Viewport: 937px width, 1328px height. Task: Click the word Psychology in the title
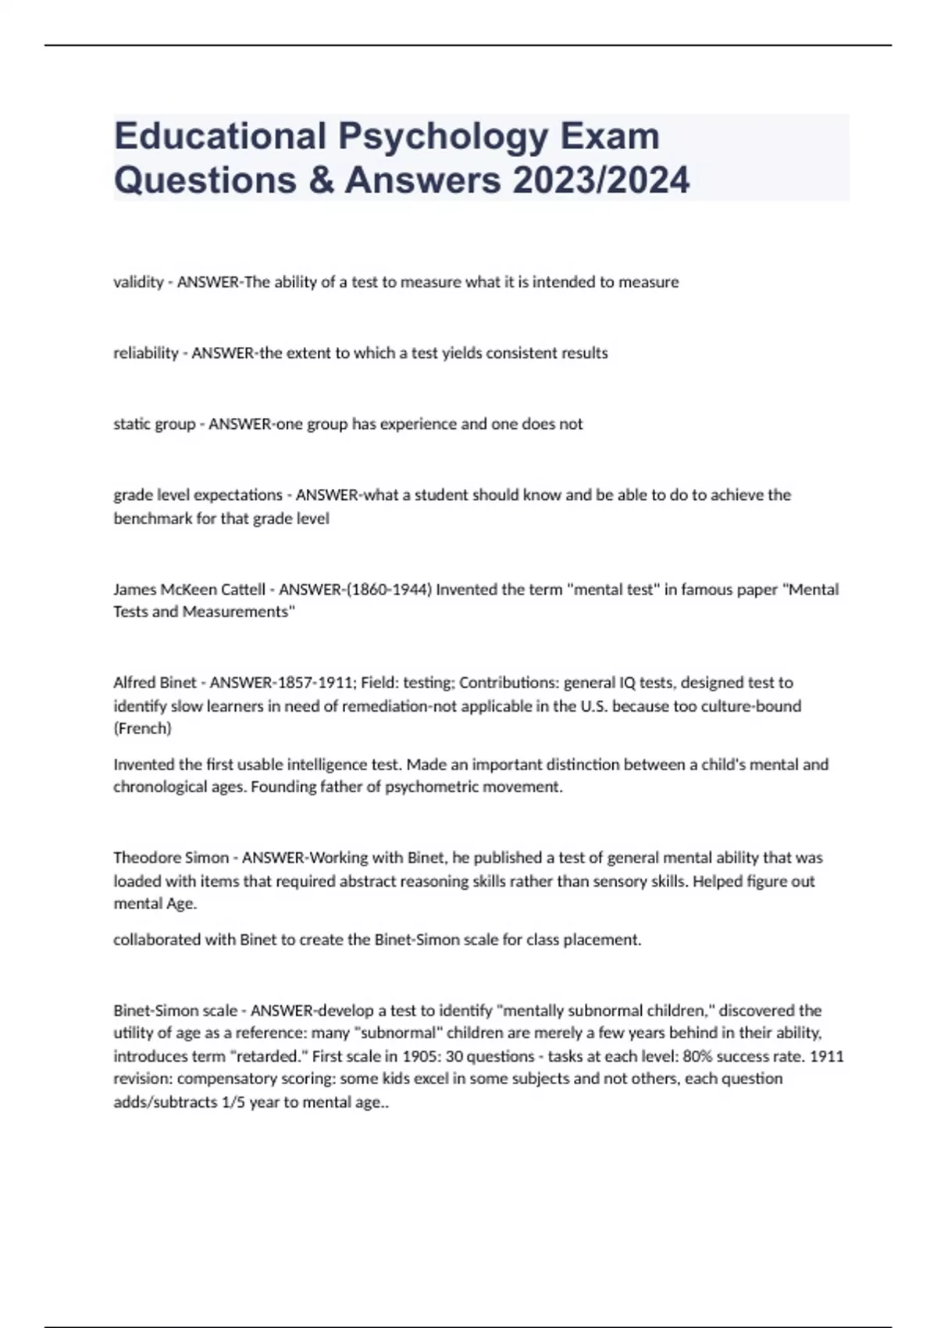442,137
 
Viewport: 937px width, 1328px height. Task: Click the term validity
137,282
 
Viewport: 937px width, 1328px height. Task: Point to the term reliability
146,353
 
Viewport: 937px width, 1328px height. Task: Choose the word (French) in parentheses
142,729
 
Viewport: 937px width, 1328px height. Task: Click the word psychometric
427,787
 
